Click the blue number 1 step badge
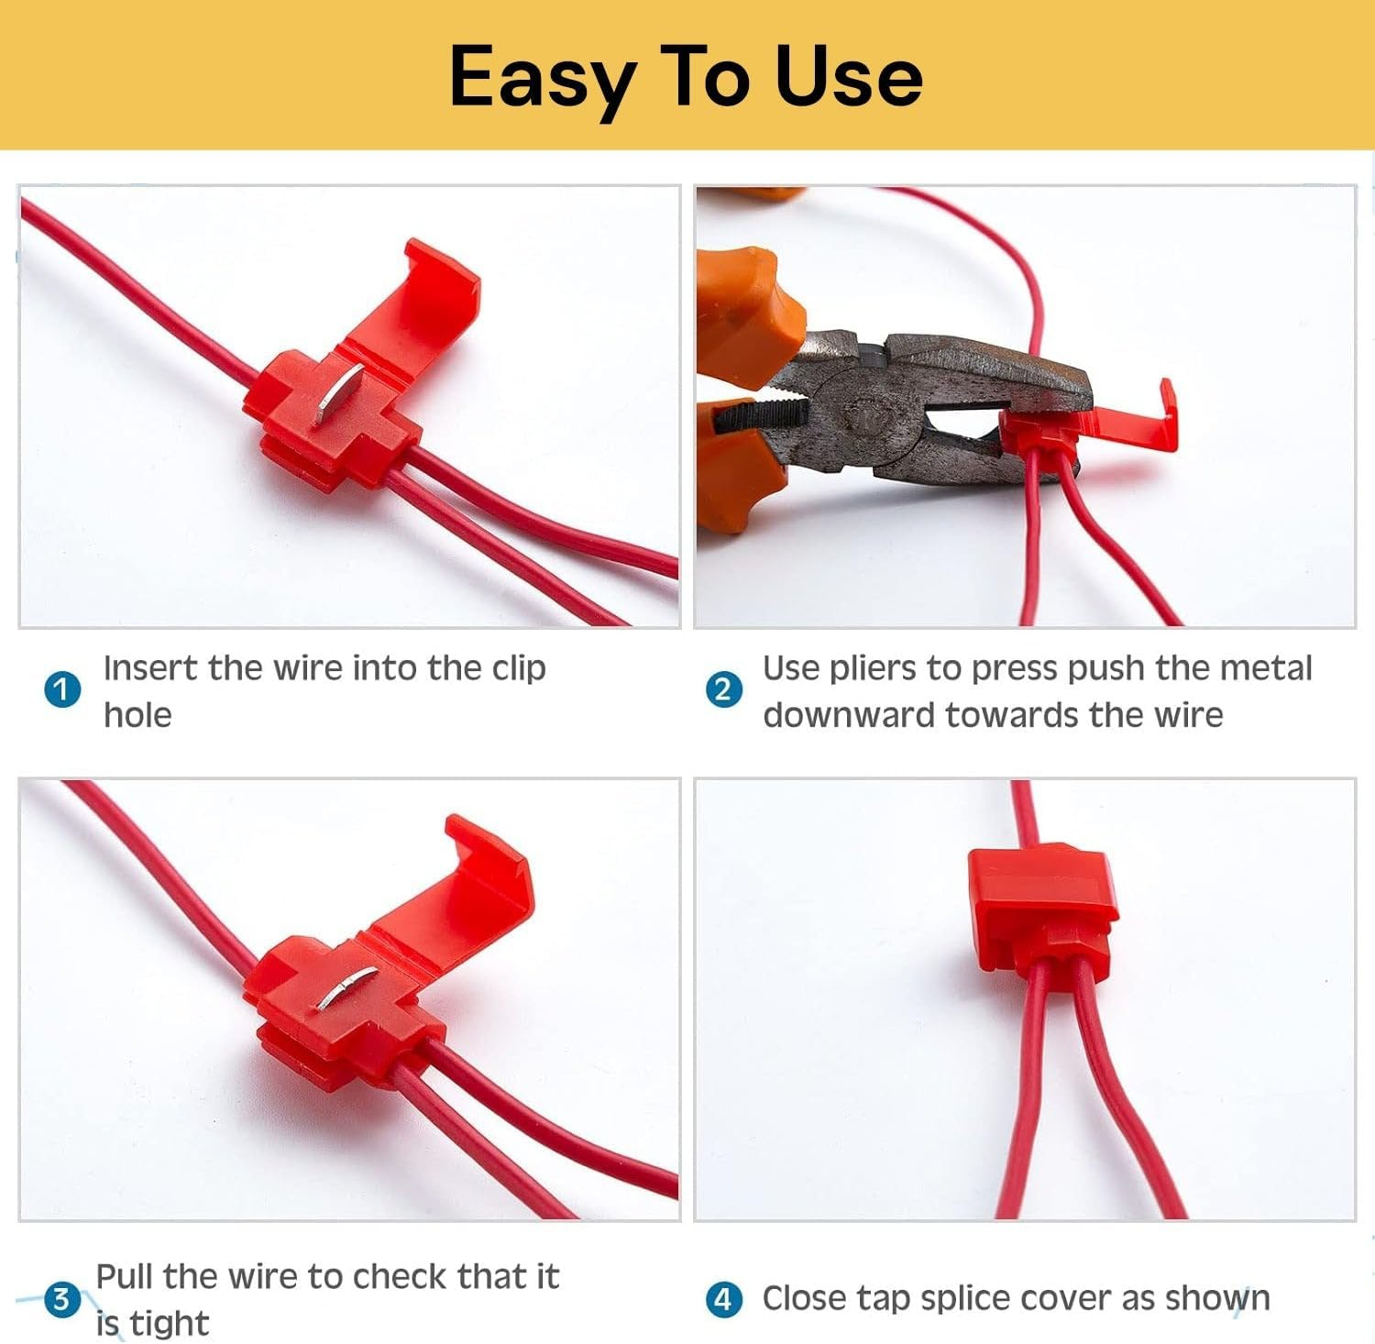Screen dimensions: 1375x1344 (x=62, y=689)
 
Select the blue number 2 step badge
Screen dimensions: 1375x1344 (x=723, y=689)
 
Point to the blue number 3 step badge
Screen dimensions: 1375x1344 (x=62, y=1298)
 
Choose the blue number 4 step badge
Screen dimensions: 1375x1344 (x=723, y=1298)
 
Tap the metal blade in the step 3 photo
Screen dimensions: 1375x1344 (x=347, y=988)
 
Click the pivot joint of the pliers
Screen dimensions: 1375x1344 (x=865, y=417)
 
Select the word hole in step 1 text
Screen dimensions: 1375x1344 (x=137, y=715)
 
